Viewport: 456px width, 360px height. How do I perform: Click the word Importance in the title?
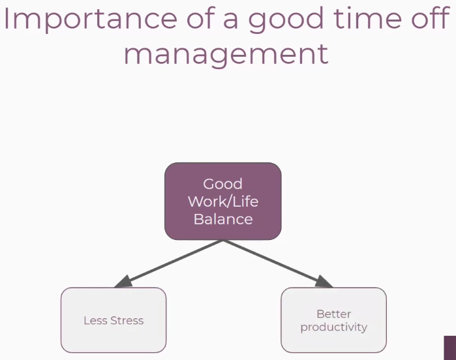pyautogui.click(x=91, y=19)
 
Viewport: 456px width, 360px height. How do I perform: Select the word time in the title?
pyautogui.click(x=368, y=18)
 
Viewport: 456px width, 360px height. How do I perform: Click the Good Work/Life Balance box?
pyautogui.click(x=223, y=202)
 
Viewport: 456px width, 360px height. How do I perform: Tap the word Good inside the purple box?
pyautogui.click(x=222, y=184)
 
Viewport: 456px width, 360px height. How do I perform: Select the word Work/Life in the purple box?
pyautogui.click(x=223, y=202)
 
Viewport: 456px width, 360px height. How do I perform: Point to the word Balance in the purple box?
pyautogui.click(x=223, y=219)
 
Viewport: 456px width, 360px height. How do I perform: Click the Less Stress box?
pyautogui.click(x=114, y=320)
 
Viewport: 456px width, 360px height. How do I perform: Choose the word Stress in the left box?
pyautogui.click(x=127, y=320)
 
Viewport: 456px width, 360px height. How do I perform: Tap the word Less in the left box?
pyautogui.click(x=95, y=320)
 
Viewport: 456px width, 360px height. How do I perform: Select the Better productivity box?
pyautogui.click(x=334, y=320)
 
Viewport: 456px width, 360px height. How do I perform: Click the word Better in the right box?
pyautogui.click(x=334, y=314)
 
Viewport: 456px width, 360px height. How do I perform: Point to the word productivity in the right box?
pyautogui.click(x=334, y=327)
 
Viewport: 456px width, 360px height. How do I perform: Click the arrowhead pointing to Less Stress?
pyautogui.click(x=123, y=282)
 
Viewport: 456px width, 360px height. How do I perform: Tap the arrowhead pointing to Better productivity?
pyautogui.click(x=323, y=282)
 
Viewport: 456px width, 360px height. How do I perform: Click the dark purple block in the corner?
pyautogui.click(x=450, y=348)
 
